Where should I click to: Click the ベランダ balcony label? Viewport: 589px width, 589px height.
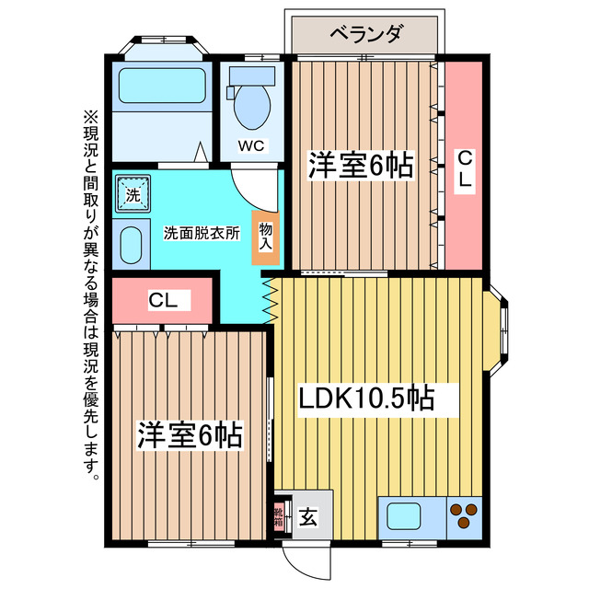pyautogui.click(x=365, y=35)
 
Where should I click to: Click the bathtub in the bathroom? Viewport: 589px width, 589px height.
pyautogui.click(x=160, y=88)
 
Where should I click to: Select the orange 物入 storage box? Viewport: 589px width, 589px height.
pyautogui.click(x=265, y=237)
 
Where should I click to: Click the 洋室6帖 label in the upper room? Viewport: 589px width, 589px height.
pyautogui.click(x=359, y=167)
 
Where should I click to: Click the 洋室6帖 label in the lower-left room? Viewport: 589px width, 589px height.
pyautogui.click(x=191, y=434)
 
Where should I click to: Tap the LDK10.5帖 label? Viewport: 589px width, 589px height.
pyautogui.click(x=365, y=398)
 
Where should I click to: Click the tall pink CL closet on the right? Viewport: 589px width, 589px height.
pyautogui.click(x=464, y=166)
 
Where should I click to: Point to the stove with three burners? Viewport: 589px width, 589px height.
pyautogui.click(x=464, y=515)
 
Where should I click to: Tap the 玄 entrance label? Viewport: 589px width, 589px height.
pyautogui.click(x=307, y=517)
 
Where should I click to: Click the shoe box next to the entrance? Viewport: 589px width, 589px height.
pyautogui.click(x=278, y=516)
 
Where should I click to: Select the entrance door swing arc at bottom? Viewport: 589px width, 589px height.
pyautogui.click(x=299, y=557)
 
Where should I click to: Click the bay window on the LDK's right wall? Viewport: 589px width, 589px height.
pyautogui.click(x=501, y=328)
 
